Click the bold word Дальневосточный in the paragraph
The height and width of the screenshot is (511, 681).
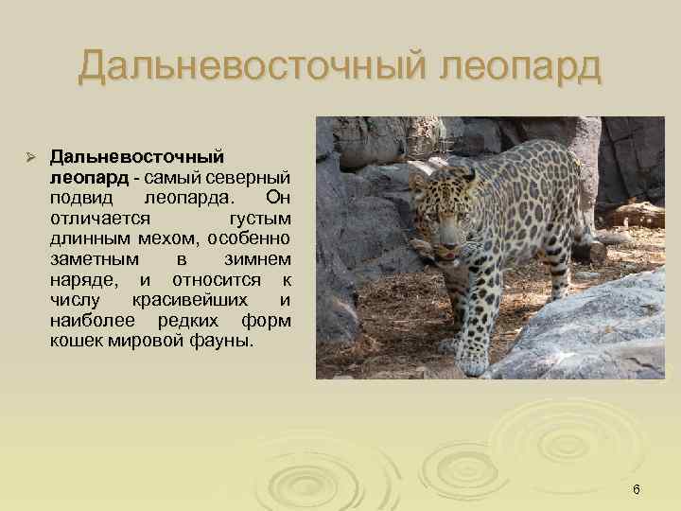coord(136,155)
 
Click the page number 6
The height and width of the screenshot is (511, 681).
coord(637,489)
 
